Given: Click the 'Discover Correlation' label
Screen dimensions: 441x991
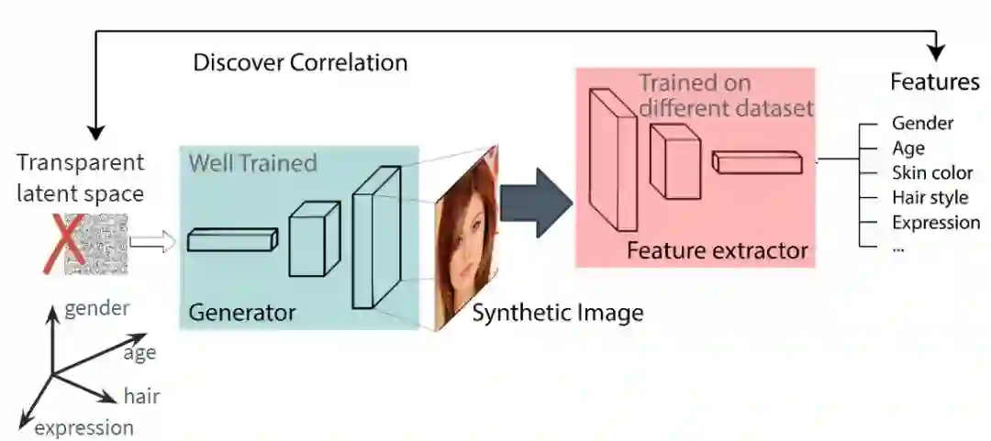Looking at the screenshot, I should coord(300,63).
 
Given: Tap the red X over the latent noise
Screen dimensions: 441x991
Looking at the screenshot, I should coord(58,243).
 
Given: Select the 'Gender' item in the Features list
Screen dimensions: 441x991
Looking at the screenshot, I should coord(922,123).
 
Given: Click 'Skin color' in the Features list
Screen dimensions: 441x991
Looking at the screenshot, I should coord(932,172).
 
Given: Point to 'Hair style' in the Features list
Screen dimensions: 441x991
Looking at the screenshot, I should coord(930,197).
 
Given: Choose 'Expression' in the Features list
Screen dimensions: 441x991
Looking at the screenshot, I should coord(935,222).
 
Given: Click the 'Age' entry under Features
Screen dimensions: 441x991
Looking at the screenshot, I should coord(908,148).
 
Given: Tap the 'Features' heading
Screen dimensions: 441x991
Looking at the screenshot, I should coord(935,82).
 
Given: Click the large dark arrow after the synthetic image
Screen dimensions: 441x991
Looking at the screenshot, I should coord(536,202).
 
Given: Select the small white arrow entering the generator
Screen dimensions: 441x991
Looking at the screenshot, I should coord(152,242).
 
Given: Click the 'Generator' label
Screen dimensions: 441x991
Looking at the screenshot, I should coord(242,313).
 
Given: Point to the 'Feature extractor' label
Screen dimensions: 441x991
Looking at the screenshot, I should coord(718,250).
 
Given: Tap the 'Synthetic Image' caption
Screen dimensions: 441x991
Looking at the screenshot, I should coord(558,313).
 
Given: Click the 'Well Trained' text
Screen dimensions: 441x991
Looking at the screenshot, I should coord(252,164).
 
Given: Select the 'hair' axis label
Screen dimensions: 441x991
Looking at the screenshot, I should coord(142,396).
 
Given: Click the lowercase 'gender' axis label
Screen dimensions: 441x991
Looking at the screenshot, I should coord(97,307).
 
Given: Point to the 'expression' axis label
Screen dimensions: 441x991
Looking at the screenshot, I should coord(84,427).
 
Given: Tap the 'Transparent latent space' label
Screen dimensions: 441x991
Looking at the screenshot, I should coord(81,178).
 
